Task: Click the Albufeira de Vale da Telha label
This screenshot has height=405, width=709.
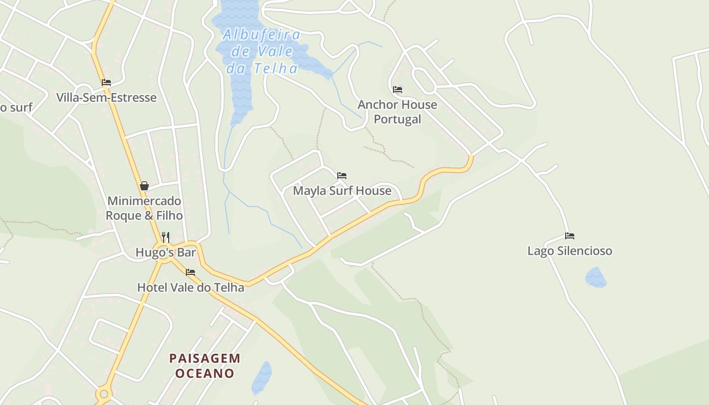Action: click(x=262, y=51)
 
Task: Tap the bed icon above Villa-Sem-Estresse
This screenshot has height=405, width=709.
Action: click(x=106, y=83)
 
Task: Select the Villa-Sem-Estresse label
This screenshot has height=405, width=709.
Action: click(x=106, y=97)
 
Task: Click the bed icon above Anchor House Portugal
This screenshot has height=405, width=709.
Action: click(x=398, y=90)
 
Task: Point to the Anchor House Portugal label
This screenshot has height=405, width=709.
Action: click(x=398, y=111)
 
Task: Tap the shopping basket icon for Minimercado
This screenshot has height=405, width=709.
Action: click(x=144, y=186)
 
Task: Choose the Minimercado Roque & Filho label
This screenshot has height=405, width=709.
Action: click(x=144, y=208)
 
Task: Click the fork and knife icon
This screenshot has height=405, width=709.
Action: click(x=165, y=236)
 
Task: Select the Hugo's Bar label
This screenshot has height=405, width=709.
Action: click(x=166, y=252)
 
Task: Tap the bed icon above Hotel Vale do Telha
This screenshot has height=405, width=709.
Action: click(x=190, y=272)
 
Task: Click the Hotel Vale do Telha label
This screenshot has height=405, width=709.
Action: click(x=190, y=287)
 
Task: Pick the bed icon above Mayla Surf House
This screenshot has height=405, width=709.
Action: click(x=342, y=176)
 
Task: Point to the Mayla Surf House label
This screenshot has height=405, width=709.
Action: click(x=342, y=190)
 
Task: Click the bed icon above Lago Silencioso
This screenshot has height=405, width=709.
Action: click(x=570, y=236)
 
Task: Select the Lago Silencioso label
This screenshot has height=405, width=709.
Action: click(x=570, y=251)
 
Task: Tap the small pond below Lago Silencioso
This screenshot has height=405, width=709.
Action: click(x=596, y=277)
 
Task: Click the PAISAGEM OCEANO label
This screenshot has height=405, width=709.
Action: click(x=205, y=366)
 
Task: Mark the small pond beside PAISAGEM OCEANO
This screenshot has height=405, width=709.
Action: click(x=262, y=378)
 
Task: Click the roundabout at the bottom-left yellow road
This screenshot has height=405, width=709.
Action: click(x=104, y=393)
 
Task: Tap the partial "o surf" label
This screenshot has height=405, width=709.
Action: click(x=16, y=107)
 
